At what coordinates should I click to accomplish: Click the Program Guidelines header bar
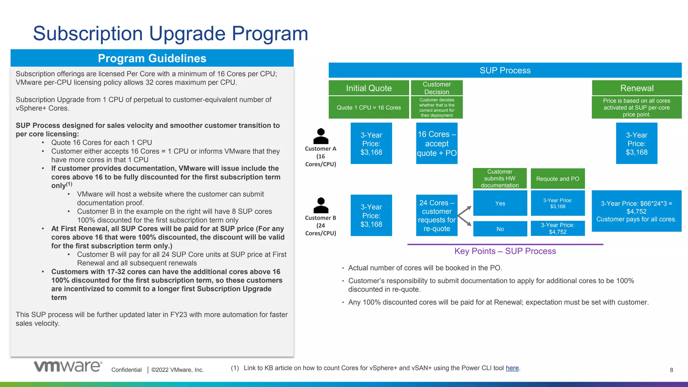point(152,58)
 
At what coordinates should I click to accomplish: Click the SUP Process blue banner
point(505,70)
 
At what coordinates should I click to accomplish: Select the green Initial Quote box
point(369,88)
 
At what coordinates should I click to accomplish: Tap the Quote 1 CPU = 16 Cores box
point(369,107)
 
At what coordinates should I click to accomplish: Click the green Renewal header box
point(637,88)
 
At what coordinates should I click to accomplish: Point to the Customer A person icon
point(321,136)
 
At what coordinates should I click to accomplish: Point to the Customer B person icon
point(321,205)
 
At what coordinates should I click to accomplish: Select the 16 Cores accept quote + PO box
point(437,143)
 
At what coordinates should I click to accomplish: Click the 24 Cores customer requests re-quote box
point(437,215)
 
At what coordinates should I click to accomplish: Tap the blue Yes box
point(500,203)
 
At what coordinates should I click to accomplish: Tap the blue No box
point(500,229)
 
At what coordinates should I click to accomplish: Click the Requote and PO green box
point(558,179)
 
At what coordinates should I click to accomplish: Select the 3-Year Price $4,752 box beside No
point(558,228)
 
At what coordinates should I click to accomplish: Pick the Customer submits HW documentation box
point(500,178)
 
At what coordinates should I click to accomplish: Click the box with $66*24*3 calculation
point(636,211)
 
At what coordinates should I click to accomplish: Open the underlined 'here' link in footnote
point(512,368)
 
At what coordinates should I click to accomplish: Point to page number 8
point(671,370)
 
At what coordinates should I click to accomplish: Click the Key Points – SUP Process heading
point(505,251)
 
